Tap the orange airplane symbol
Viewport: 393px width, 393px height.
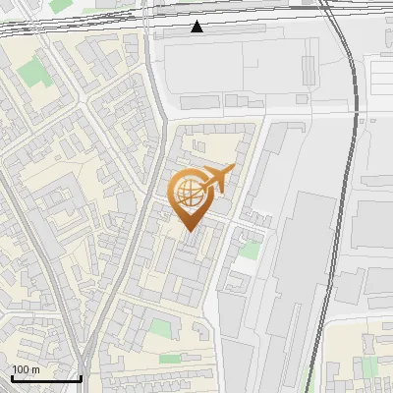point(218,179)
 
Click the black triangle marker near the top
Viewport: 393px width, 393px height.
point(197,27)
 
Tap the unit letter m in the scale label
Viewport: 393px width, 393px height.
point(35,369)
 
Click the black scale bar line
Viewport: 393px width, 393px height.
point(45,378)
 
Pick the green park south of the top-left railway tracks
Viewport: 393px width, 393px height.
point(34,71)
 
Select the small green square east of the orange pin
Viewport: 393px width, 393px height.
point(251,250)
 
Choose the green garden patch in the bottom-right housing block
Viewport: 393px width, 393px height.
point(369,366)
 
